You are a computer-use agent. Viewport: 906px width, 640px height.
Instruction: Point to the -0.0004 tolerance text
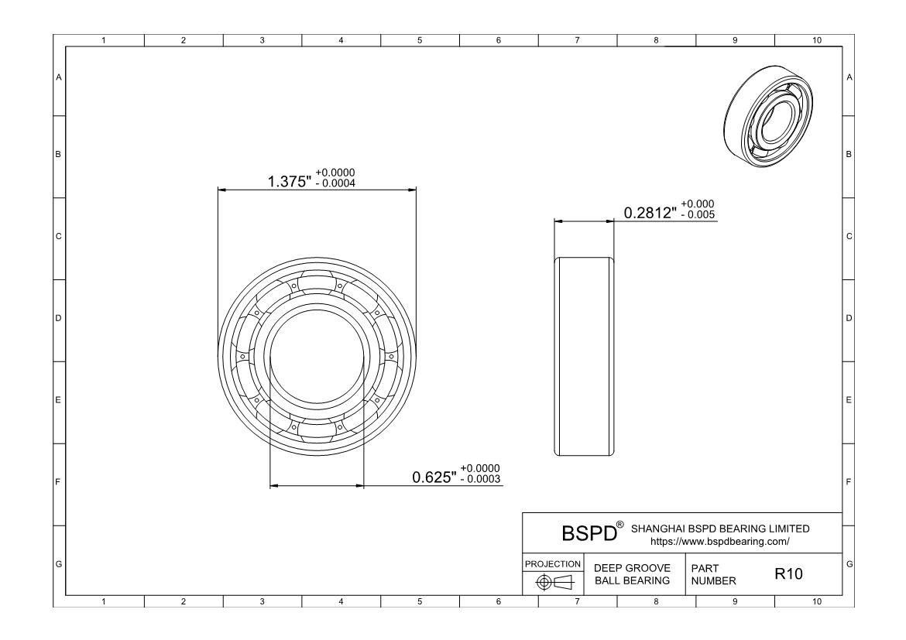point(336,183)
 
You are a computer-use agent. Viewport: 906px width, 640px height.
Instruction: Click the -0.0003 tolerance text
point(479,480)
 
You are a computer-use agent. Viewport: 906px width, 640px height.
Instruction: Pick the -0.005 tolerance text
point(696,214)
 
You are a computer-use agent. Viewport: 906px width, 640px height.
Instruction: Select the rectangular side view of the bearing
point(584,357)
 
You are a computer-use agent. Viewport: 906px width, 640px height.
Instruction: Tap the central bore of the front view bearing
point(316,356)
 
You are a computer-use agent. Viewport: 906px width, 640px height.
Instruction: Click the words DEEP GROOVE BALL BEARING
point(631,574)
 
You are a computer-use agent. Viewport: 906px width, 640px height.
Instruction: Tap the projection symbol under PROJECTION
point(554,581)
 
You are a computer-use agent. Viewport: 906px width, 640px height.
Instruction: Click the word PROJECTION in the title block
point(554,563)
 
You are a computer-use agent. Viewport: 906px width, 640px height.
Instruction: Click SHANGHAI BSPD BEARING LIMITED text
point(720,529)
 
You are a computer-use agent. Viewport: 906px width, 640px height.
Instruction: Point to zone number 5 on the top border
point(419,40)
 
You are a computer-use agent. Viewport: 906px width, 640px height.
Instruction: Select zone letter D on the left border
point(57,318)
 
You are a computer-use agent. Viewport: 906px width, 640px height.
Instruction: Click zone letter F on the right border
point(849,482)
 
